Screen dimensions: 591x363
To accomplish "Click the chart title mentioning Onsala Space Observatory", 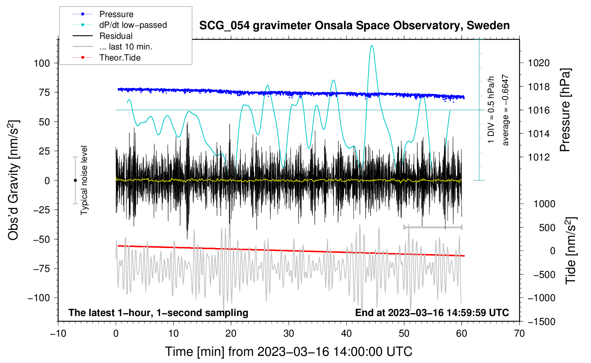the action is coord(354,26).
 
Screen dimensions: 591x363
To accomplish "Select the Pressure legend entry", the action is coord(103,14).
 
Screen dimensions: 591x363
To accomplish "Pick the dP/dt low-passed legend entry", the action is coord(120,25).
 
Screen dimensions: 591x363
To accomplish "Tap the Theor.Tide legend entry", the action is coord(106,58).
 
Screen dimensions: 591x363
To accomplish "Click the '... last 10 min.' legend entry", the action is coord(113,47).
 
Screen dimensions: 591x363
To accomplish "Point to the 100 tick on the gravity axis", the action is coord(42,63).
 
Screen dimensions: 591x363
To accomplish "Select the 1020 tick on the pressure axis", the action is coord(539,63).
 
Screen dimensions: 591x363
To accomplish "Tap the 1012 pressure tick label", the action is coord(539,157).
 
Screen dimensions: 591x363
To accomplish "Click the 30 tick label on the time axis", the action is coord(289,334).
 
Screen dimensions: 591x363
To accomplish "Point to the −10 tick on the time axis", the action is coord(58,334).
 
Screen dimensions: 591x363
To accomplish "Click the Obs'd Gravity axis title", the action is coord(13,180).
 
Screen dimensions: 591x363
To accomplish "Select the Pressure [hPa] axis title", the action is coord(565,110).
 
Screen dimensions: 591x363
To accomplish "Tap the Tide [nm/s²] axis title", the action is coord(571,251).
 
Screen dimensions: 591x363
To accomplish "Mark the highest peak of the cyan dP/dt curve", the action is coord(372,46).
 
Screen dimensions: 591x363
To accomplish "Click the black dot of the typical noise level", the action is coord(75,180).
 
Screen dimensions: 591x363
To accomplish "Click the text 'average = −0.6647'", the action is coord(505,110).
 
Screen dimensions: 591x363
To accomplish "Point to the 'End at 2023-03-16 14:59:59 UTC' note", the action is coord(432,312).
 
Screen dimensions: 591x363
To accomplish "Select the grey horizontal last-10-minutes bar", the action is coord(433,227).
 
